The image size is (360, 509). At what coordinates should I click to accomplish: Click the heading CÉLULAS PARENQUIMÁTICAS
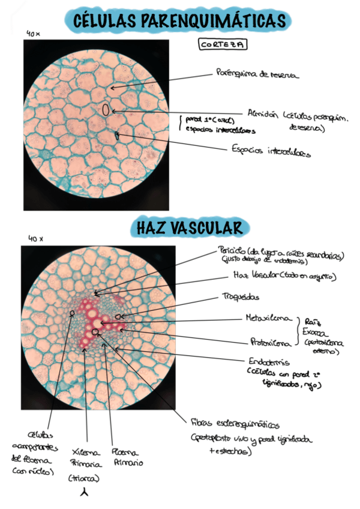[180, 21]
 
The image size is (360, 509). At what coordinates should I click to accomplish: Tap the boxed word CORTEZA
[223, 44]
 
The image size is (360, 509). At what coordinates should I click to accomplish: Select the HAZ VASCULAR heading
[190, 227]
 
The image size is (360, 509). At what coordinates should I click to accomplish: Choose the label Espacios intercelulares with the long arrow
[271, 152]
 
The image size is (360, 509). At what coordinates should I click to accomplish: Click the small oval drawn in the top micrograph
[106, 110]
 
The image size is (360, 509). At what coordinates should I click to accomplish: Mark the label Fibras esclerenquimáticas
[235, 424]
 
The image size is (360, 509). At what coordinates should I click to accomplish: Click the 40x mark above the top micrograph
[33, 34]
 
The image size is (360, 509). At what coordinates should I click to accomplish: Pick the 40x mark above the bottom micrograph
[35, 238]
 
